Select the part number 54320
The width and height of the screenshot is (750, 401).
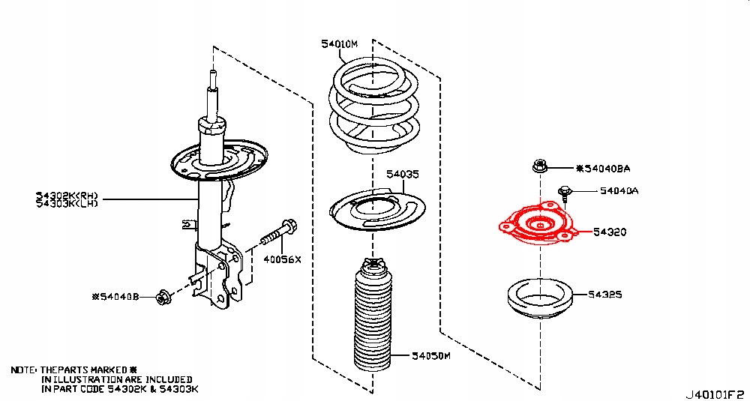pos(610,232)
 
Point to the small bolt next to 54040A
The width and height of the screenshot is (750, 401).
pos(564,193)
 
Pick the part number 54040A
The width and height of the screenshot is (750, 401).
pos(619,192)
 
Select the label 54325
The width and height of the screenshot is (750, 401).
pos(605,295)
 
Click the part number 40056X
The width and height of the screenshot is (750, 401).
pos(282,260)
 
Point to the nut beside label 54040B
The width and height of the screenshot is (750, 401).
pos(162,298)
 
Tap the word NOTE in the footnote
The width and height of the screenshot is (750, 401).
pos(23,370)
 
